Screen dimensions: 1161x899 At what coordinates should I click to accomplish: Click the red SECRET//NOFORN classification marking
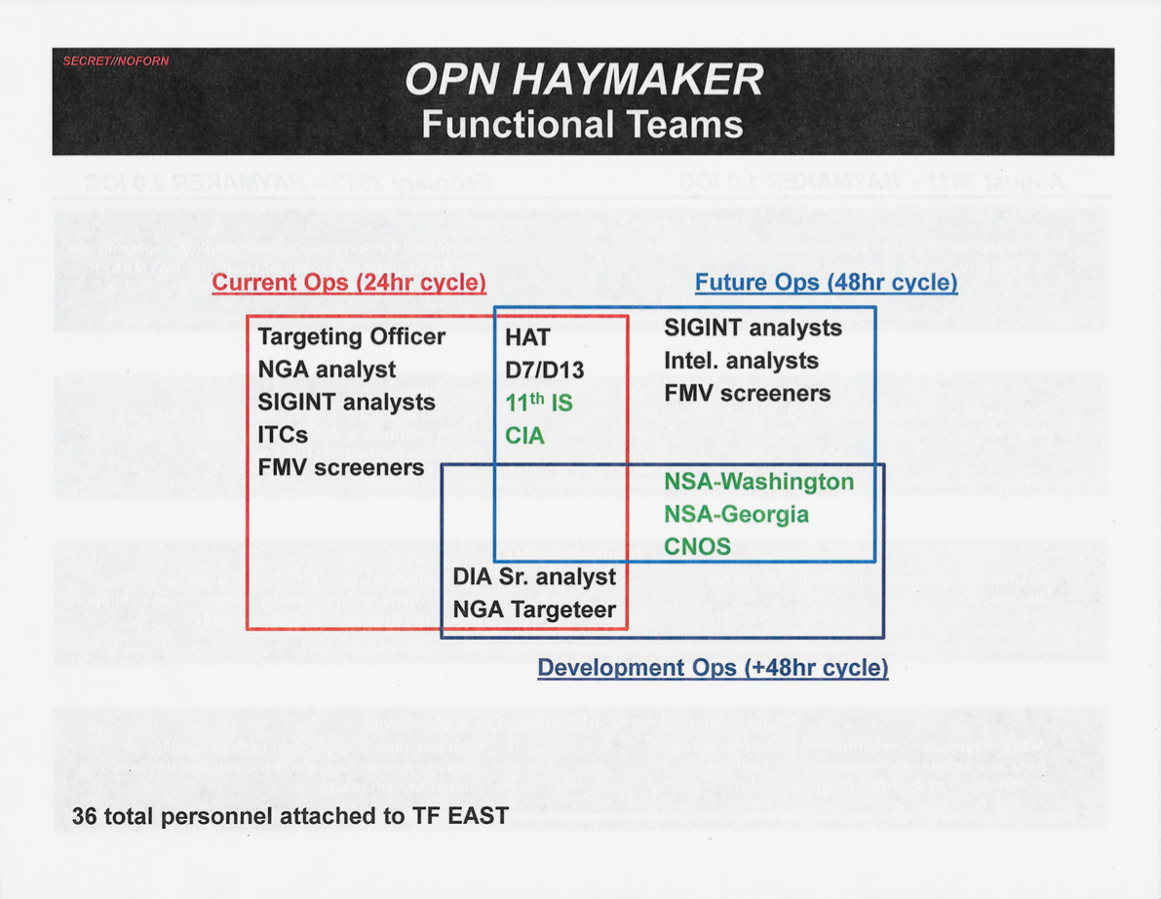click(x=115, y=60)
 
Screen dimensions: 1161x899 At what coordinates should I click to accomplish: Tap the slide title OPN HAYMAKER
click(x=584, y=79)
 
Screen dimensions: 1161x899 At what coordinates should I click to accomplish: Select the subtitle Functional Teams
click(x=582, y=125)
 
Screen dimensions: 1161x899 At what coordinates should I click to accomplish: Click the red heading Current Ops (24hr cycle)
click(x=349, y=283)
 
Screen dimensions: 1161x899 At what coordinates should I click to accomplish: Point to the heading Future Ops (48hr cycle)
click(x=827, y=283)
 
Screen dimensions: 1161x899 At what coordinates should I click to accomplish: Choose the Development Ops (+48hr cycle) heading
click(x=713, y=668)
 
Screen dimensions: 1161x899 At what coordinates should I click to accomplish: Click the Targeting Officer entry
click(x=352, y=337)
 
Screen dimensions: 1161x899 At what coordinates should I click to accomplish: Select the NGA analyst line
click(x=327, y=371)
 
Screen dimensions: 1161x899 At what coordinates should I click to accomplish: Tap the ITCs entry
click(x=283, y=435)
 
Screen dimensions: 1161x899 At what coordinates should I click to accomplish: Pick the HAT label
click(x=527, y=337)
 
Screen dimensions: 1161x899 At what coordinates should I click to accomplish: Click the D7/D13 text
click(x=544, y=371)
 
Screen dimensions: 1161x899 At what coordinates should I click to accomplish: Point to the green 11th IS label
click(x=539, y=402)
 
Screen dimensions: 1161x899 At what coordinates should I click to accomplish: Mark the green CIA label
click(x=525, y=436)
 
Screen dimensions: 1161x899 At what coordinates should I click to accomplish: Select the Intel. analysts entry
click(x=741, y=361)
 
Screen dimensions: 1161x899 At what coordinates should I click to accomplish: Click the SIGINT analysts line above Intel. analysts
click(x=753, y=328)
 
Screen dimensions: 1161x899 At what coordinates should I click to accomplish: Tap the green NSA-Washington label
click(x=759, y=482)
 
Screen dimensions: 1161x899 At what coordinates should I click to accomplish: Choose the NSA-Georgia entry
click(x=736, y=515)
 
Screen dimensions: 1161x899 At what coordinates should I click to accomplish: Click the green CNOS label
click(x=698, y=546)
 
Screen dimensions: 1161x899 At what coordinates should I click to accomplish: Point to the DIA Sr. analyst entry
click(x=534, y=577)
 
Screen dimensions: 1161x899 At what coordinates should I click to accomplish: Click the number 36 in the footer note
click(x=85, y=816)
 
